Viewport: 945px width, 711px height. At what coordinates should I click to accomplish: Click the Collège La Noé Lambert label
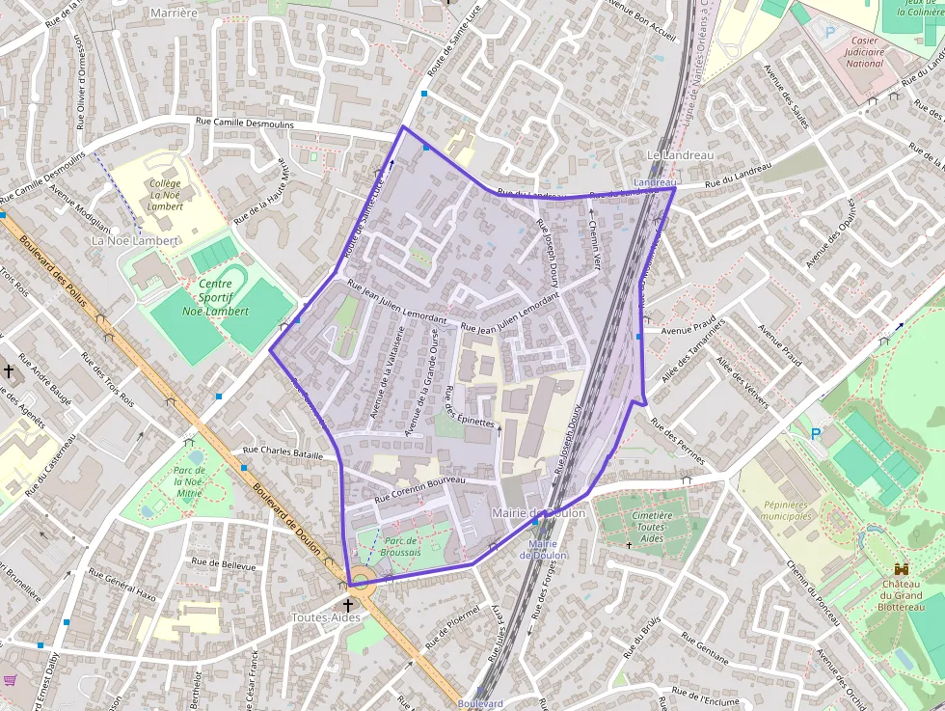165,194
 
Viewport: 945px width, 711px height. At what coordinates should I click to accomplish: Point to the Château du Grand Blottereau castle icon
901,570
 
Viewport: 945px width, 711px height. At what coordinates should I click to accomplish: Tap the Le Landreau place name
680,155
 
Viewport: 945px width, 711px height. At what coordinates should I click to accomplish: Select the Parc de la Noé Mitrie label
189,480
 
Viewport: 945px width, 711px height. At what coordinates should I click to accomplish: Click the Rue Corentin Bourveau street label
419,488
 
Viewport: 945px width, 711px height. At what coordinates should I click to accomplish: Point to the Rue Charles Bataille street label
283,451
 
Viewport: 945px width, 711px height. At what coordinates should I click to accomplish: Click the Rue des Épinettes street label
470,408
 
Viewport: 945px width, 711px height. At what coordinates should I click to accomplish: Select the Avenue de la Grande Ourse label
425,382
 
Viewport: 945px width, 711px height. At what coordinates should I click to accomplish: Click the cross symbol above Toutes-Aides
348,605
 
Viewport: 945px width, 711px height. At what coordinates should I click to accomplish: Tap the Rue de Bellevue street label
224,564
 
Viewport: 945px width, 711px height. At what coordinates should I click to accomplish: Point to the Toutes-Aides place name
326,617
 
